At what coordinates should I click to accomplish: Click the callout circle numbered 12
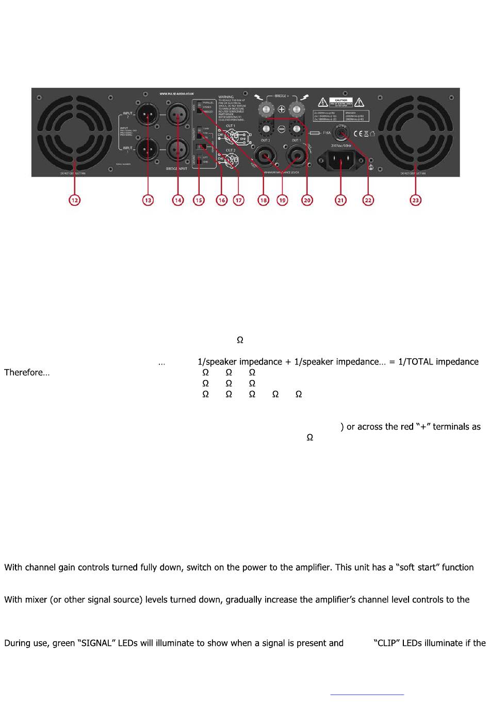(75, 200)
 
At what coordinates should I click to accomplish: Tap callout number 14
(178, 200)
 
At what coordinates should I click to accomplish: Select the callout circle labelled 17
(238, 200)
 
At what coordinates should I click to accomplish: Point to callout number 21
(340, 200)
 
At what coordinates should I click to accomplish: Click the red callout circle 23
(416, 200)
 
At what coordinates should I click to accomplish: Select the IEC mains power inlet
(341, 160)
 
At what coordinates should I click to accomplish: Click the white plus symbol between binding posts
(282, 109)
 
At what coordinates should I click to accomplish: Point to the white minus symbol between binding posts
(282, 127)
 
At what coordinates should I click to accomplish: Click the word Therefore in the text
(24, 373)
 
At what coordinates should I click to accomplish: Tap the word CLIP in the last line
(386, 643)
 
